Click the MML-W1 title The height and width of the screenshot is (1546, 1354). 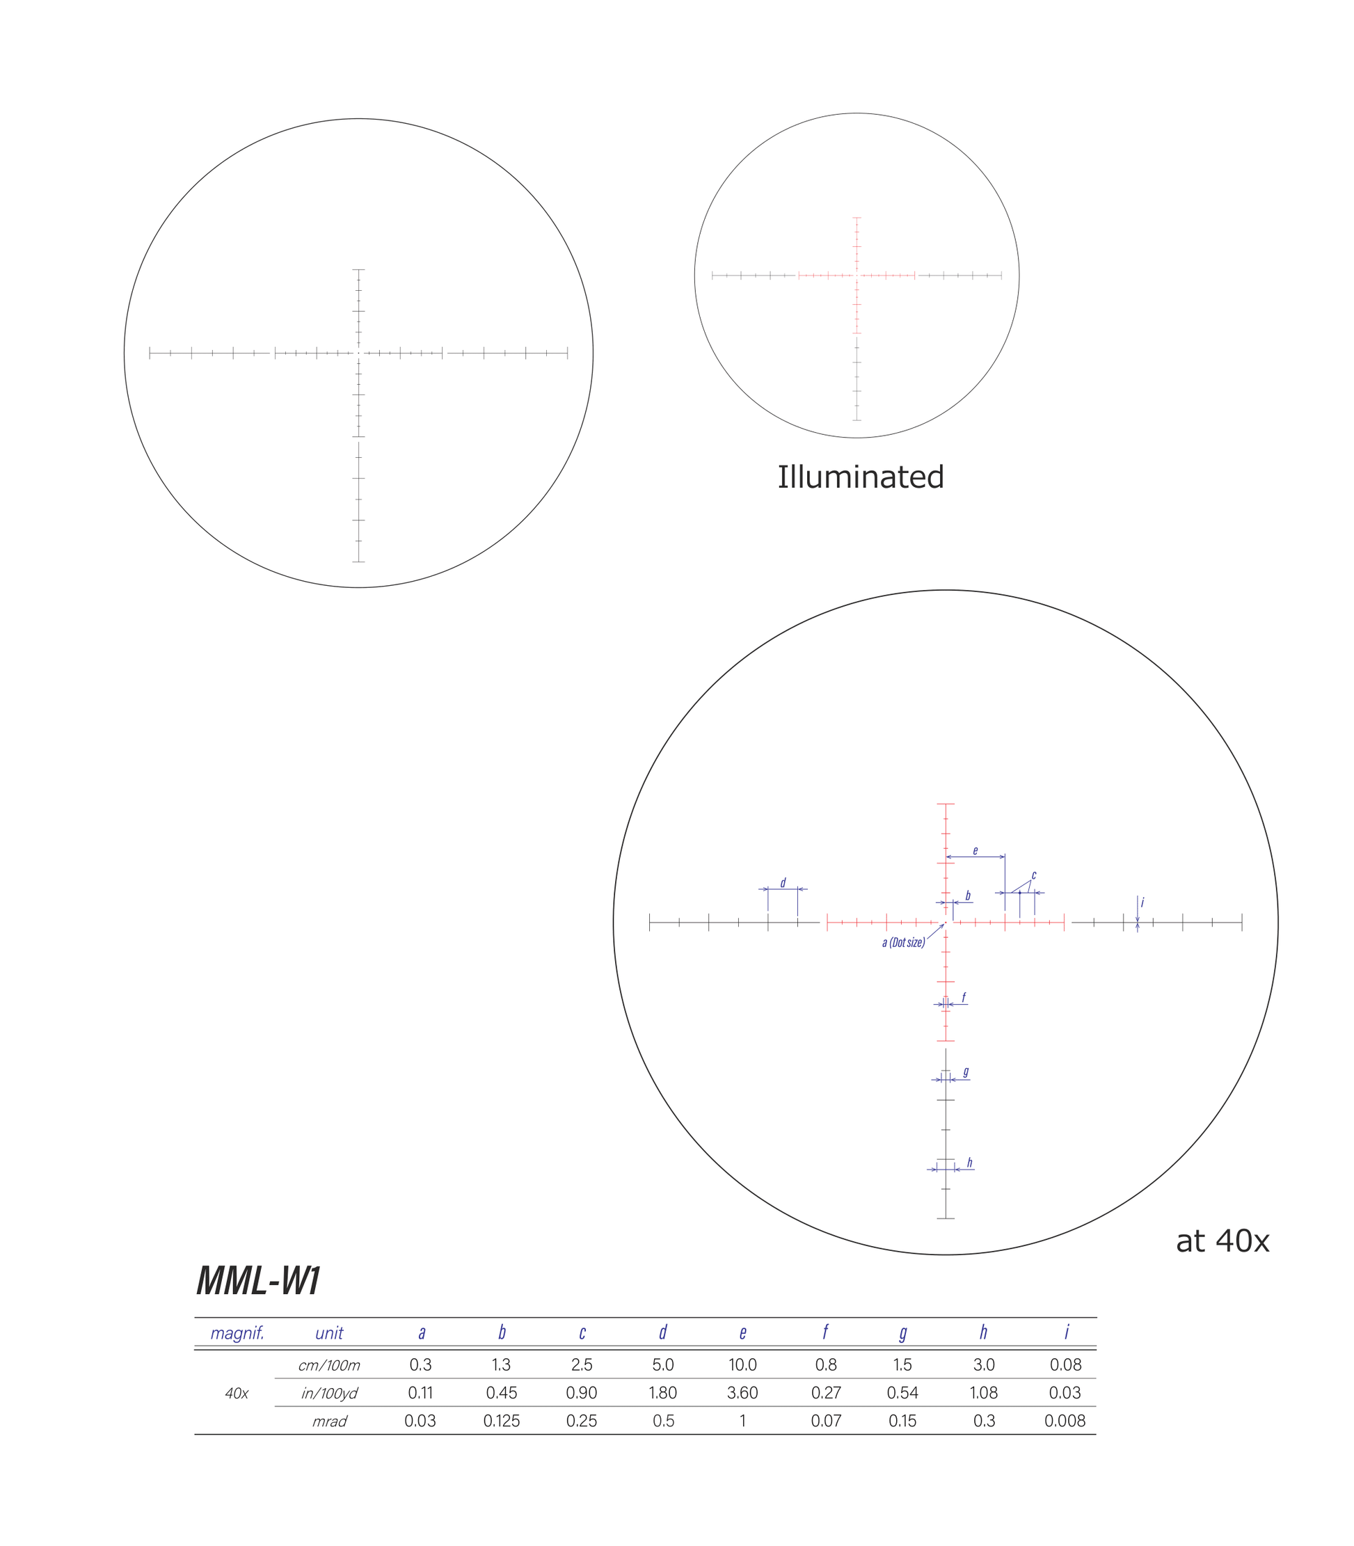[x=258, y=1281]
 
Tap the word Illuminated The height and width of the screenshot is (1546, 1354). [x=861, y=477]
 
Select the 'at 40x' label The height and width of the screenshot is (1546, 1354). [x=1222, y=1241]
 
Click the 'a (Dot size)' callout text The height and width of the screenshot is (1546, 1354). [x=904, y=942]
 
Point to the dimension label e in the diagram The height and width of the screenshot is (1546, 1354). [x=975, y=851]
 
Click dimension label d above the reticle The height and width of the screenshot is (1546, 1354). [x=783, y=882]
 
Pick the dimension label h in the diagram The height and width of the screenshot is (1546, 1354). [x=969, y=1162]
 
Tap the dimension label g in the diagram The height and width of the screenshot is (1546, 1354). [x=966, y=1071]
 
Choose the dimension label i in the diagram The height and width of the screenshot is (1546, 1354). [x=1142, y=902]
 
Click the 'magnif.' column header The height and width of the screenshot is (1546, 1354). [x=237, y=1333]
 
